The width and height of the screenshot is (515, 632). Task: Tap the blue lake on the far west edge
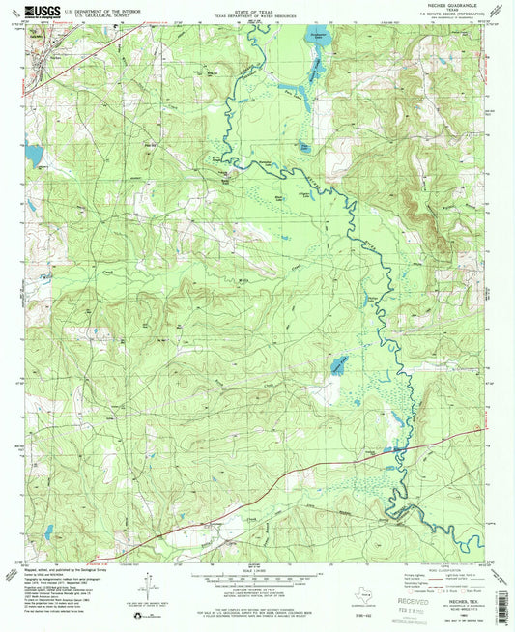[x=35, y=155]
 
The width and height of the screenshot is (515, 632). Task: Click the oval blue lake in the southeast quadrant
[x=338, y=365]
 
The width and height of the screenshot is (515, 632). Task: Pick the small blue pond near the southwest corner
[x=47, y=532]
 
